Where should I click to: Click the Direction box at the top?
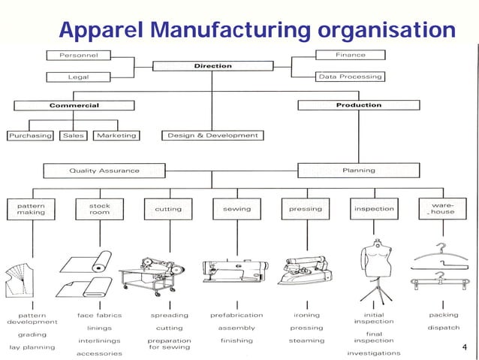tap(213, 66)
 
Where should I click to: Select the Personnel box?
tap(78, 55)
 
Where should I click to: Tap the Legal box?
tap(78, 77)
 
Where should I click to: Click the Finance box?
tap(350, 55)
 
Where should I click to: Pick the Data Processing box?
tap(350, 77)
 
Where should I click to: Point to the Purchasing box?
tap(30, 136)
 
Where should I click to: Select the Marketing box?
tap(116, 136)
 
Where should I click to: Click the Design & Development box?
tap(212, 136)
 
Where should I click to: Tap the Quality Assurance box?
tap(104, 171)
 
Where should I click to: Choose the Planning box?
tap(358, 171)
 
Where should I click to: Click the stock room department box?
tap(99, 208)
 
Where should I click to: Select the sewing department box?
tap(236, 208)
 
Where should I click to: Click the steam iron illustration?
tap(305, 270)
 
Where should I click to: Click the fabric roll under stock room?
tap(93, 266)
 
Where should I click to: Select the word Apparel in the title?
tap(102, 31)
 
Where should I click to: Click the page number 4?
tap(465, 348)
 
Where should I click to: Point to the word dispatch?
tap(444, 328)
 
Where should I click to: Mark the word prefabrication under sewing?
tap(236, 316)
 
